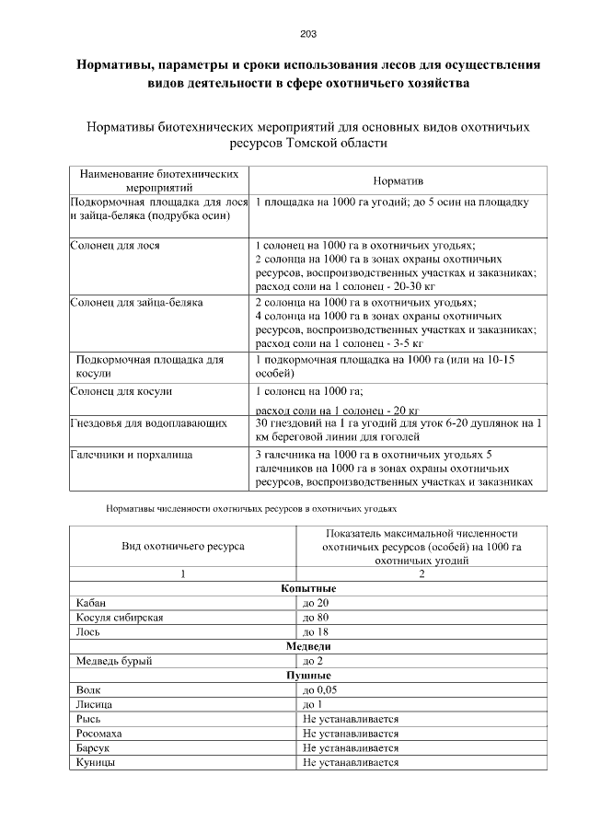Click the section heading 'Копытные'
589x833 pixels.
point(308,587)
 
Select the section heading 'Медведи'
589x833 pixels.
point(308,646)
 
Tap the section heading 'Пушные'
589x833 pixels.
point(308,676)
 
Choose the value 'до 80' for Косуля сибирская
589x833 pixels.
point(316,617)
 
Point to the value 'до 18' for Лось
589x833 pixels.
point(316,631)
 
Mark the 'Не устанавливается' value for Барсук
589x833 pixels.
point(351,749)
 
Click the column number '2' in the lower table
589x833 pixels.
point(421,573)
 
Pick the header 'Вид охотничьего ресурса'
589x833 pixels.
point(183,546)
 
